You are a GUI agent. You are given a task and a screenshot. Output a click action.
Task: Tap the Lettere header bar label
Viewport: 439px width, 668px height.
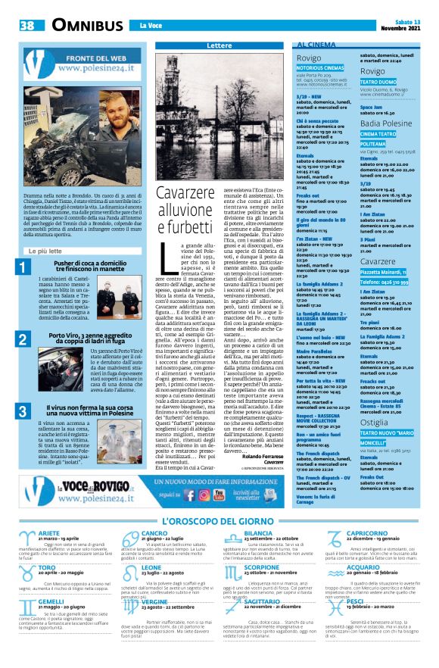pos(219,46)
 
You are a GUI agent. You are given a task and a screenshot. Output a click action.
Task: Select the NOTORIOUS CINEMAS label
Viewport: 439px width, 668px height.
pos(319,68)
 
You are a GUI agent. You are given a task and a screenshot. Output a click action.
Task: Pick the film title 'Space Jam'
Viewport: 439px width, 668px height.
pos(372,108)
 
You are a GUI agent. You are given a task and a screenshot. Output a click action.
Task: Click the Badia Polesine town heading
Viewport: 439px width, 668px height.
pos(386,123)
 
